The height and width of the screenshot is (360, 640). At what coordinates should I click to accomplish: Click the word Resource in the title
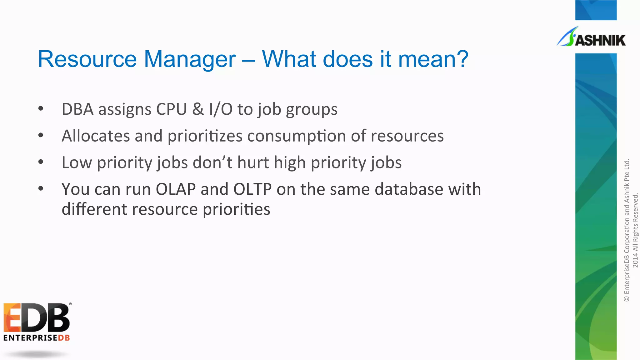[x=87, y=59]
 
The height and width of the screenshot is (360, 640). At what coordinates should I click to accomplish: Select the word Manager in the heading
[x=190, y=59]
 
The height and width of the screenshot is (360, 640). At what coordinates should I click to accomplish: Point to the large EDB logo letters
[x=37, y=318]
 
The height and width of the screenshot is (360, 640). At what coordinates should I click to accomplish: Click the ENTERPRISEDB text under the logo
[x=37, y=338]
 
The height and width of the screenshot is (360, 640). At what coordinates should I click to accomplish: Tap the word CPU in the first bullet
[x=171, y=109]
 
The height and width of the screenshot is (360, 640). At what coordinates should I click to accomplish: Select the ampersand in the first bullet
[x=198, y=109]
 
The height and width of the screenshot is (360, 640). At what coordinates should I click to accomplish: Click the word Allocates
[x=96, y=136]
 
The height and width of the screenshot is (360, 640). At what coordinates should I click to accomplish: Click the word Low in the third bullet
[x=77, y=162]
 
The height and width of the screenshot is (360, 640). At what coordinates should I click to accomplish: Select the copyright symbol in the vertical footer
[x=627, y=299]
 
